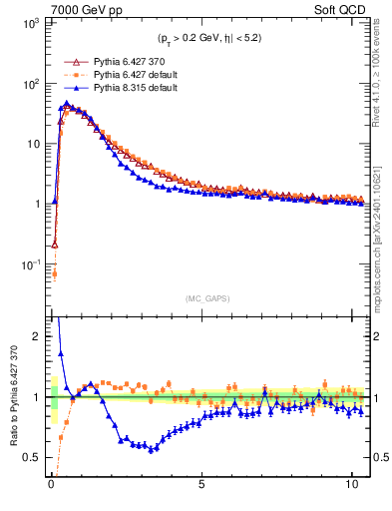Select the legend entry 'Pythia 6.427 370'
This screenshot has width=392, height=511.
pos(135,60)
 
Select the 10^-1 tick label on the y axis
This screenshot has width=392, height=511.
pos(28,264)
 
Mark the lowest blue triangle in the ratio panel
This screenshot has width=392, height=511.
pos(152,449)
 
